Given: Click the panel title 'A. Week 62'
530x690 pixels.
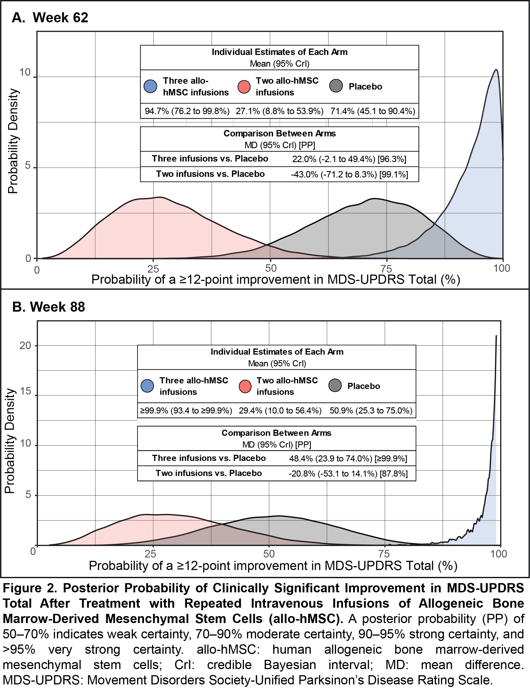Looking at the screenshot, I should pyautogui.click(x=50, y=18).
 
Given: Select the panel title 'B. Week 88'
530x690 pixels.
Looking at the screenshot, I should pyautogui.click(x=49, y=307).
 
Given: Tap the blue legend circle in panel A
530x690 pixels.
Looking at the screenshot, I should pyautogui.click(x=150, y=86).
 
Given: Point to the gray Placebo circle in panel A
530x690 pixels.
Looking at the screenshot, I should pyautogui.click(x=336, y=86).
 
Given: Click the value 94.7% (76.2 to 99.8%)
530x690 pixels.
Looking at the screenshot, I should pyautogui.click(x=187, y=111).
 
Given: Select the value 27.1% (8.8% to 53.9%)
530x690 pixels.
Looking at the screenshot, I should pyautogui.click(x=279, y=111).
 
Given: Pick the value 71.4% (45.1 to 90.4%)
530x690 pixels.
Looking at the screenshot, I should pyautogui.click(x=373, y=111).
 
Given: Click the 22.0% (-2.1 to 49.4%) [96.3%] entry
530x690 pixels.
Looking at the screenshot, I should pyautogui.click(x=349, y=159).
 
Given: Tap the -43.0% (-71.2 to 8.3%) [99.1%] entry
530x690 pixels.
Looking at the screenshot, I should pyautogui.click(x=349, y=174).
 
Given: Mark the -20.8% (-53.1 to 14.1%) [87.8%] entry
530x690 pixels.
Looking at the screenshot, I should pyautogui.click(x=348, y=474).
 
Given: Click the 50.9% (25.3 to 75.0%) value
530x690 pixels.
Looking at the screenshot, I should pyautogui.click(x=371, y=411).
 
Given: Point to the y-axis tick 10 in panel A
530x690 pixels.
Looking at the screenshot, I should pyautogui.click(x=25, y=73).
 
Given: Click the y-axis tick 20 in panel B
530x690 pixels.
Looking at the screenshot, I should pyautogui.click(x=25, y=346).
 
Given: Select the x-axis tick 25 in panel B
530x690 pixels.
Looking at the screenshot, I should pyautogui.click(x=150, y=554).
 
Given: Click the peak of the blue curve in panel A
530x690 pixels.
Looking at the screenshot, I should pyautogui.click(x=496, y=70).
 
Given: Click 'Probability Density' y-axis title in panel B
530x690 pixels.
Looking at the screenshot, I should pyautogui.click(x=10, y=441).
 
